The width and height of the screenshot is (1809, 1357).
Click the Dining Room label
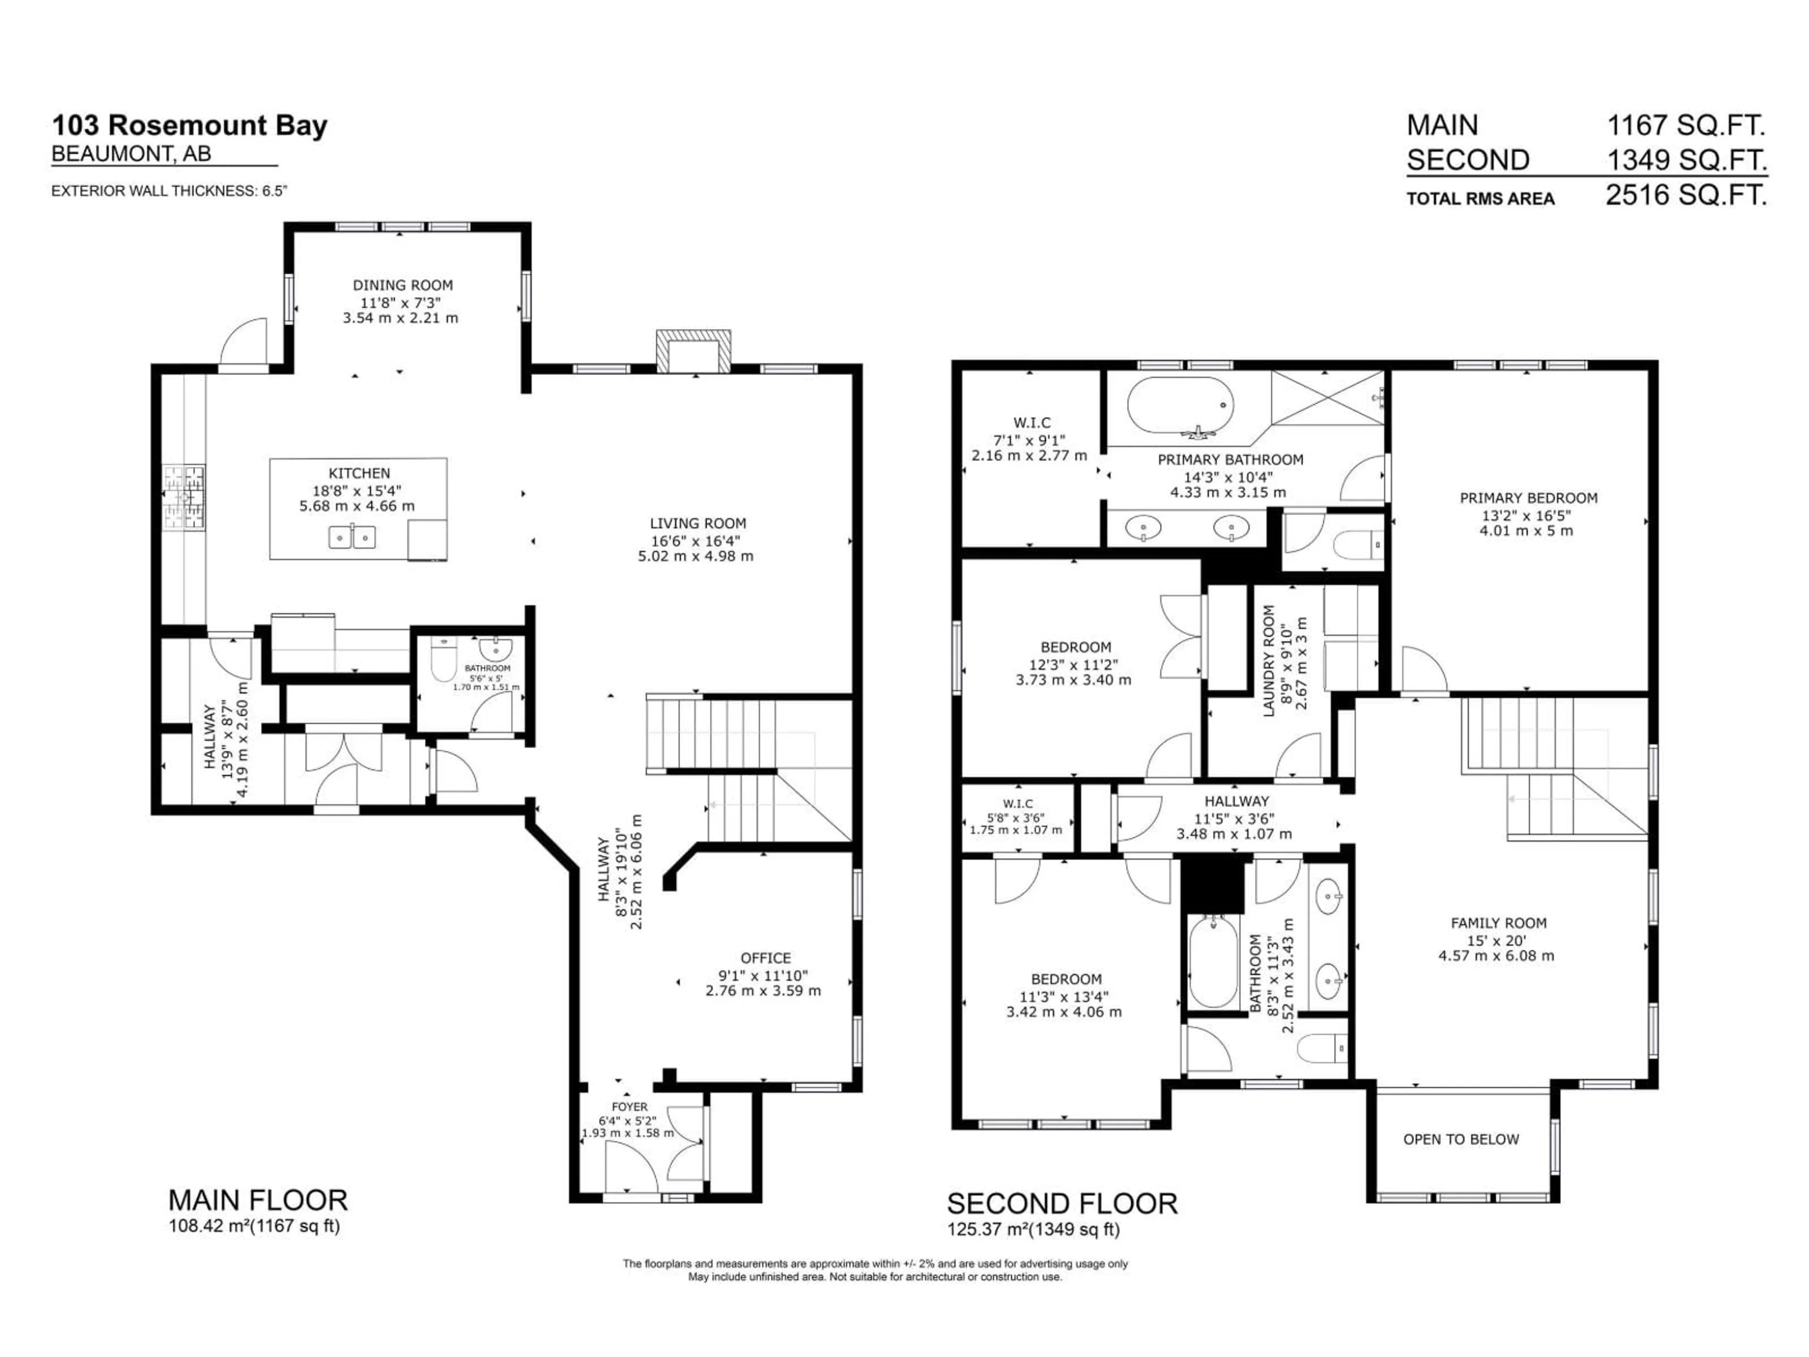point(402,286)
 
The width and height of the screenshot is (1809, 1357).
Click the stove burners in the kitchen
point(184,498)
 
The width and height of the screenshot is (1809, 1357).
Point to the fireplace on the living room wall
point(693,352)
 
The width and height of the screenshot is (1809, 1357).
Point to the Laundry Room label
point(1269,661)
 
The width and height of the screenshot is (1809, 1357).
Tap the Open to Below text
point(1460,1139)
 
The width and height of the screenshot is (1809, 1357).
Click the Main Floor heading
point(258,1200)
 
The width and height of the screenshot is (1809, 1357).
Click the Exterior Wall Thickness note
point(169,191)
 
